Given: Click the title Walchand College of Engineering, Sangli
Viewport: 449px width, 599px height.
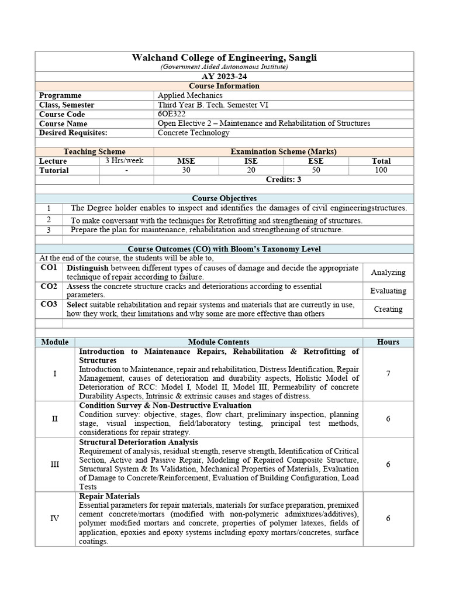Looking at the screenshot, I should pyautogui.click(x=224, y=57).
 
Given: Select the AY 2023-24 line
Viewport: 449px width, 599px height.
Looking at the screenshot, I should pyautogui.click(x=224, y=77).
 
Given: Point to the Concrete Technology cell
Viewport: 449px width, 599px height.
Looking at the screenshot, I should pyautogui.click(x=194, y=133).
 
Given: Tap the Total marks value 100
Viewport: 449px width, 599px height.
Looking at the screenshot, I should pyautogui.click(x=381, y=170).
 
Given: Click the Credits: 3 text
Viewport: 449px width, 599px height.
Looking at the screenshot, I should pyautogui.click(x=284, y=180).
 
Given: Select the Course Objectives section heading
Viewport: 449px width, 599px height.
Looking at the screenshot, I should pyautogui.click(x=224, y=198).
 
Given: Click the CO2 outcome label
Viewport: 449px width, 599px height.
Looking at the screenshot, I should pyautogui.click(x=49, y=287).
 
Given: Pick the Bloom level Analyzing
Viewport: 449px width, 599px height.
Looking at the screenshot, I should pyautogui.click(x=388, y=273).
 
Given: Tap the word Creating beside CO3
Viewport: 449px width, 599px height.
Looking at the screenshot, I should pyautogui.click(x=388, y=309).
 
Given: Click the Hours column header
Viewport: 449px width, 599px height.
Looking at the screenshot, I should pyautogui.click(x=388, y=342).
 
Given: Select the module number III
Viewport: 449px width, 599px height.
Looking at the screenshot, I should pyautogui.click(x=55, y=464).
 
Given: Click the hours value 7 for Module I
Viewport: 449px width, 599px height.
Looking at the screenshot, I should pyautogui.click(x=388, y=374).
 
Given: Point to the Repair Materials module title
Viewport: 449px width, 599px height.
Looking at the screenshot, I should pyautogui.click(x=109, y=496).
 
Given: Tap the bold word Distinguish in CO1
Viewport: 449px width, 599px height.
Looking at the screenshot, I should pyautogui.click(x=88, y=268).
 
